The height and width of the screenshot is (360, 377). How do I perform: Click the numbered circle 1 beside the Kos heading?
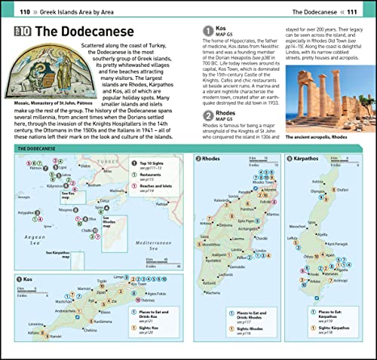(x=210, y=31)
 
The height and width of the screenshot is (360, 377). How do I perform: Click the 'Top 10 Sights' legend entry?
(x=155, y=163)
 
